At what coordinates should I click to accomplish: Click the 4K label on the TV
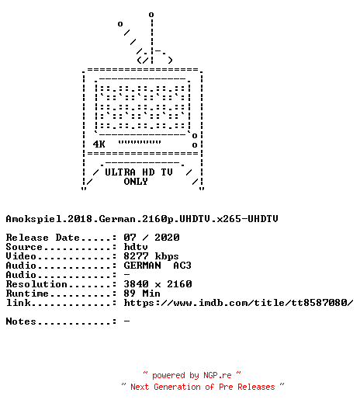point(99,144)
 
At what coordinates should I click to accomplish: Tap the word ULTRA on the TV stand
point(120,172)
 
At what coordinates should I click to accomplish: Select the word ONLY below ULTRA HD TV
point(136,182)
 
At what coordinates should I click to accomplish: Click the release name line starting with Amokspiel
point(142,219)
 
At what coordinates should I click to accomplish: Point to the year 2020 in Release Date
point(167,238)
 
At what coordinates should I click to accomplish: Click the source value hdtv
point(136,247)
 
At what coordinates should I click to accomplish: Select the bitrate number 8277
point(136,256)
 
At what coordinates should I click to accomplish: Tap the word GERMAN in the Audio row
point(142,266)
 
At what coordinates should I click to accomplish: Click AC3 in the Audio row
point(182,266)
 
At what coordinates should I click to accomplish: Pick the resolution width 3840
point(136,284)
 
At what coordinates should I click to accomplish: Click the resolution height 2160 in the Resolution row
point(179,284)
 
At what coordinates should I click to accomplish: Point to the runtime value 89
point(130,294)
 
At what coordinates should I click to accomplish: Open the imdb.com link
point(238,303)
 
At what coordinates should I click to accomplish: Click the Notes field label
point(21,321)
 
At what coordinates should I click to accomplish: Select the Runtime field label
point(27,294)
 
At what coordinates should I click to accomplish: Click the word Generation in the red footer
point(177,387)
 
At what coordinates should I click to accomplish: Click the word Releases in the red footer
point(256,387)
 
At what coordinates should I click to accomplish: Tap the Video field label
point(21,256)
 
